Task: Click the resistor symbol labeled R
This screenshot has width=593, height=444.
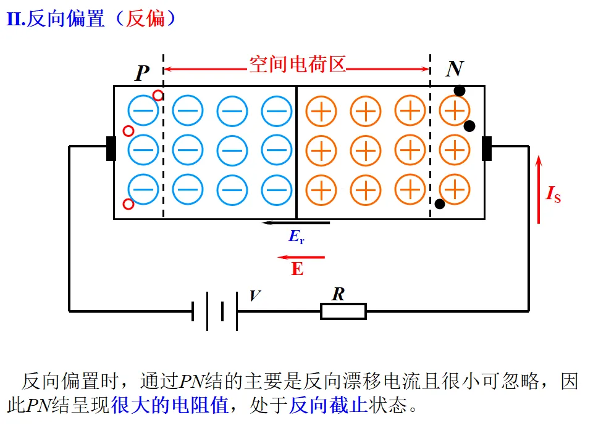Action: [343, 311]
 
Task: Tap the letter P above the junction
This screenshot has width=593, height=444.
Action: [143, 73]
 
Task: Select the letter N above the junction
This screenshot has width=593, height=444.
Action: [455, 68]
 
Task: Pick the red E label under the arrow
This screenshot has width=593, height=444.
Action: [298, 269]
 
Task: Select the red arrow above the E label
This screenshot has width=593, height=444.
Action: [301, 257]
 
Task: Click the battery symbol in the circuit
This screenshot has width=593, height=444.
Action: [214, 311]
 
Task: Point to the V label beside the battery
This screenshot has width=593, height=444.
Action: [254, 297]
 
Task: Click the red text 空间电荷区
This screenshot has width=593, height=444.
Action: [297, 64]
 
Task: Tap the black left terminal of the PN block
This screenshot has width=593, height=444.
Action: [111, 148]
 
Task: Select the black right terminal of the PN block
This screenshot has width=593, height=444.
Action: [487, 148]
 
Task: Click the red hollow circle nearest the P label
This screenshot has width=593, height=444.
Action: [158, 96]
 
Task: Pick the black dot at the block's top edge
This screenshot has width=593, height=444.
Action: [460, 91]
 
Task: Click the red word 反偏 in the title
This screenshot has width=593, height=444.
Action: [146, 19]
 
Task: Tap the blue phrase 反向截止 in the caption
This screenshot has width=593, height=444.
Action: [329, 406]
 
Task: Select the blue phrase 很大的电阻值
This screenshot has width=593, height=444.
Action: [170, 406]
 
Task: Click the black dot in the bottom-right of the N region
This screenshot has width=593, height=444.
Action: [440, 203]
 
